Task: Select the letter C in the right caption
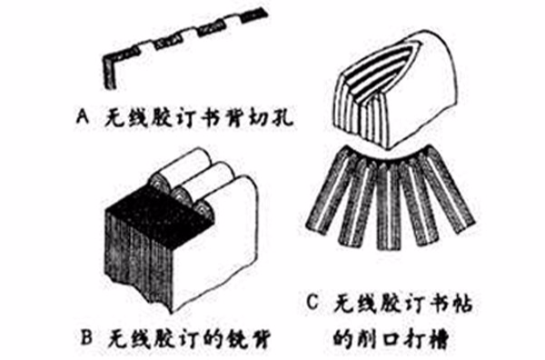click(x=313, y=300)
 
